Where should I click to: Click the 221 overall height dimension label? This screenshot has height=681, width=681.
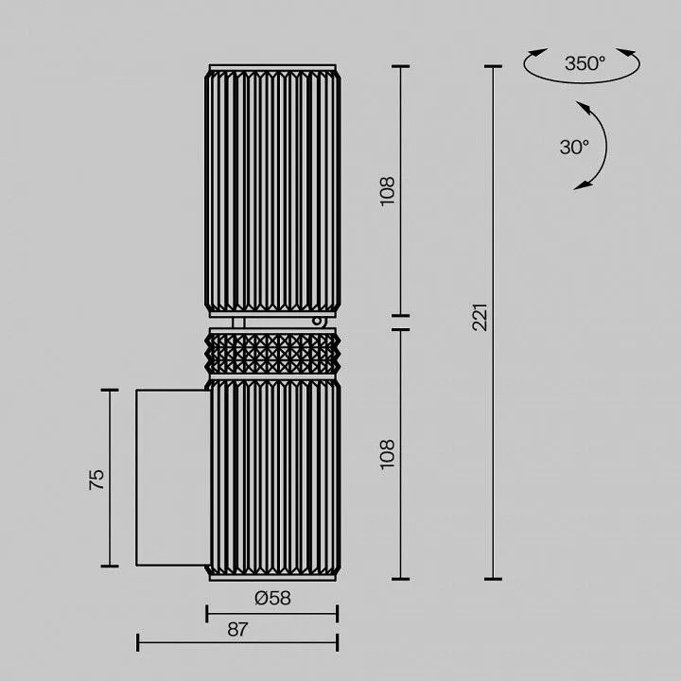click(x=480, y=318)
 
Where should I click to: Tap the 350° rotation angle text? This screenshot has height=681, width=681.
click(x=585, y=64)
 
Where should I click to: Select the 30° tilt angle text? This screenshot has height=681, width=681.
click(x=574, y=148)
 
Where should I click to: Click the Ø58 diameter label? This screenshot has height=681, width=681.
click(x=272, y=598)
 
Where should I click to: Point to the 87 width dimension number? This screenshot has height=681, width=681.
click(x=237, y=629)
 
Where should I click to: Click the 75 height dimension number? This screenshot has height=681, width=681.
click(x=96, y=480)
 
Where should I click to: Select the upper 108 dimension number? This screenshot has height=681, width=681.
click(x=387, y=191)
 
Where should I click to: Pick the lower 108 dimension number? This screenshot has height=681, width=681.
click(x=387, y=454)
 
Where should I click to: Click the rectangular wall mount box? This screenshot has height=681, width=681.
click(x=173, y=478)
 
